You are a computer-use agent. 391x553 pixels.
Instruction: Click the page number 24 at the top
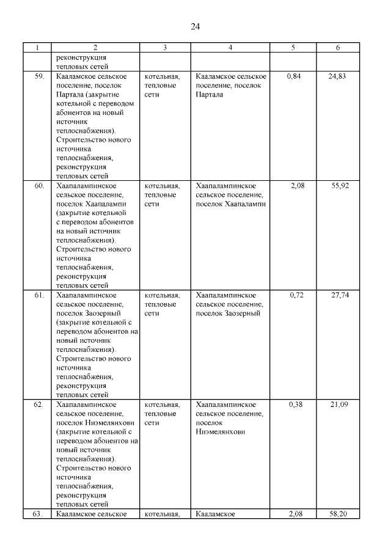pyautogui.click(x=195, y=26)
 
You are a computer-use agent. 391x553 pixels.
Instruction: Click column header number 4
pyautogui.click(x=230, y=48)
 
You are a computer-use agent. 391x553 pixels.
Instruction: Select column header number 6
pyautogui.click(x=338, y=48)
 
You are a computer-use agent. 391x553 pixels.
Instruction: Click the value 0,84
pyautogui.click(x=294, y=76)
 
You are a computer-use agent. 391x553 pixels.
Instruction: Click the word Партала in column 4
pyautogui.click(x=210, y=95)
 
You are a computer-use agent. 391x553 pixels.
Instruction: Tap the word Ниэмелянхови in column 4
pyautogui.click(x=221, y=431)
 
